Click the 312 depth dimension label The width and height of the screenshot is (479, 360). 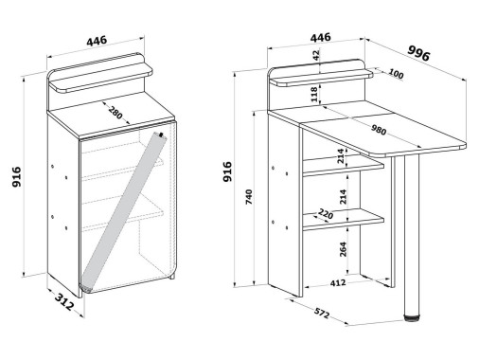coord(64,301)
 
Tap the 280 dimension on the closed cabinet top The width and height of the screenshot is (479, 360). coord(115,113)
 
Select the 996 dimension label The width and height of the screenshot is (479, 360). coord(418,53)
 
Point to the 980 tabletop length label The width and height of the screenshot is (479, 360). coord(379,130)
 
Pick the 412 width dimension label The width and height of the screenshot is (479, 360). coord(338,283)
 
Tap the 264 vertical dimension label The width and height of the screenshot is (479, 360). coord(343,249)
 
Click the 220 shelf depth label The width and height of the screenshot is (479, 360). coord(326,214)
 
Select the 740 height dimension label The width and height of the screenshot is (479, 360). coord(249,197)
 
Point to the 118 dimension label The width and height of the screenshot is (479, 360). coord(314,94)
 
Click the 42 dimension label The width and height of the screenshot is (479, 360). coord(316,55)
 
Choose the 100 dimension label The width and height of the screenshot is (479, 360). coord(396,74)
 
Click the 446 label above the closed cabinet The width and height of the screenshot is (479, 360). coord(97,41)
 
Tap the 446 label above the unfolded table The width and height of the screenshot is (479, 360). coord(321,38)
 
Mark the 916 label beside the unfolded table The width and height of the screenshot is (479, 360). coord(227,171)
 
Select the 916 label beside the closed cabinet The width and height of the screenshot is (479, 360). coord(16,177)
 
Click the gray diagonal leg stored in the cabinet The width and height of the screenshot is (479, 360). coord(124,210)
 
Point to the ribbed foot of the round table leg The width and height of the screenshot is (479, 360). coord(412,317)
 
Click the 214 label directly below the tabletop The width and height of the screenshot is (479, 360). coord(341,155)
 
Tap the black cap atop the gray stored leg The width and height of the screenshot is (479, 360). coord(162,135)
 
